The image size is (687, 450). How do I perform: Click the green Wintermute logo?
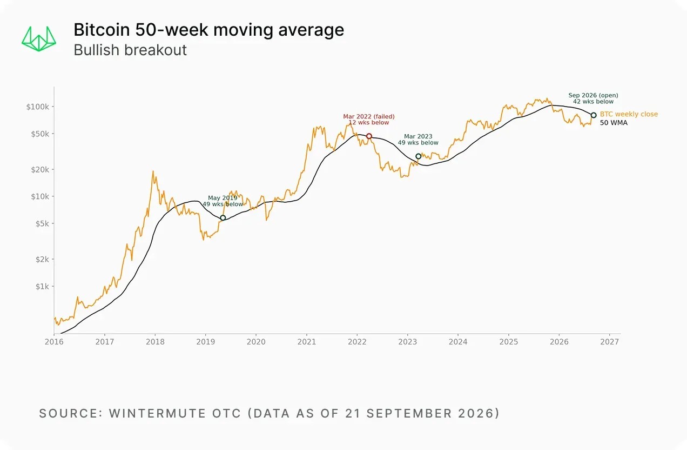point(39,39)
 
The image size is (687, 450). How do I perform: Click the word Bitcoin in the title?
point(102,30)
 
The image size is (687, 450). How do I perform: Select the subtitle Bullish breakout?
point(130,50)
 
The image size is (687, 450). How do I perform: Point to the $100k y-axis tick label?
point(37,107)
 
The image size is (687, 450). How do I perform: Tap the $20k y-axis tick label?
point(40,169)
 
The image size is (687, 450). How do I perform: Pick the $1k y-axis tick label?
point(42,287)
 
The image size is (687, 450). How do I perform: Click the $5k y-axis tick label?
point(42,223)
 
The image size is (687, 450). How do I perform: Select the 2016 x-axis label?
point(54,342)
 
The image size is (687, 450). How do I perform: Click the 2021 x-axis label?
point(306,342)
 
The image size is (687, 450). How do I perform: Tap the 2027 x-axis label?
point(609,342)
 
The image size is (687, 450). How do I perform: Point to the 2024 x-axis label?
point(458,342)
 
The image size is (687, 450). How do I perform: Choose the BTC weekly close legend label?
point(629,114)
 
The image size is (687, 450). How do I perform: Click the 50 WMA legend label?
point(614,123)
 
